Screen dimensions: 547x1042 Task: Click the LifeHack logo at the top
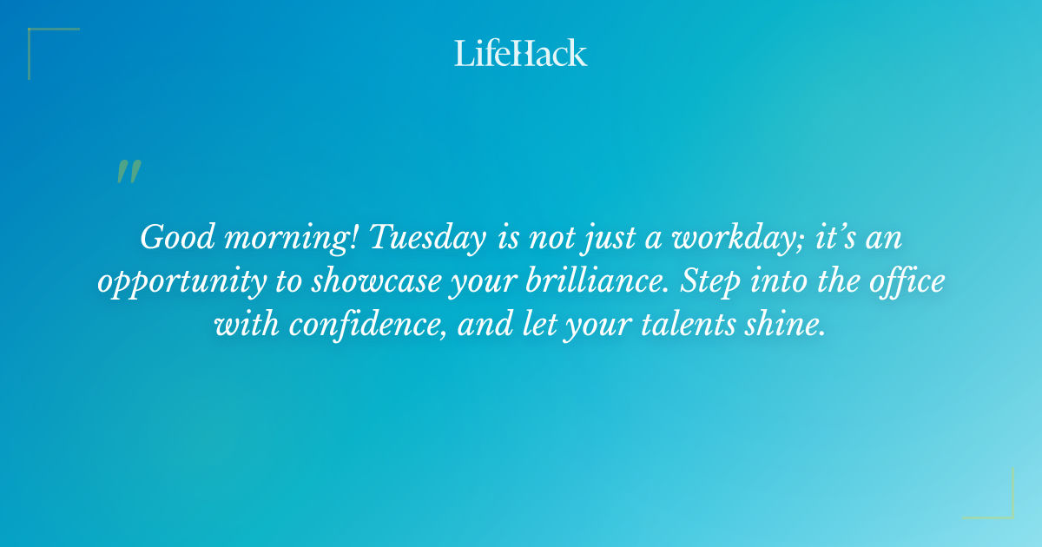(x=521, y=53)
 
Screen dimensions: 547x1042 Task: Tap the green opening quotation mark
(x=129, y=172)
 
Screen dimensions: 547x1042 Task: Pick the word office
(x=901, y=282)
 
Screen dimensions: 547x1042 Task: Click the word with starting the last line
(x=246, y=326)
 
